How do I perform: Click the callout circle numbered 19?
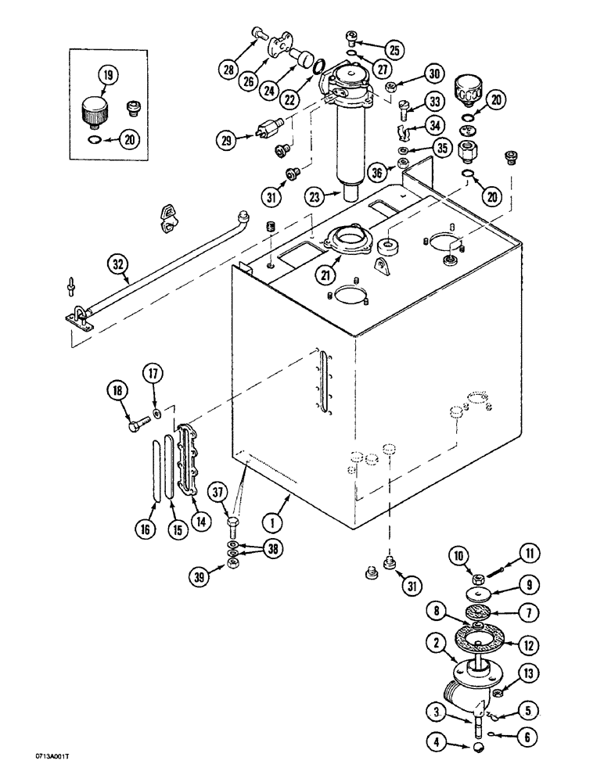click(x=107, y=76)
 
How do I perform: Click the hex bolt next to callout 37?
click(x=233, y=522)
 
